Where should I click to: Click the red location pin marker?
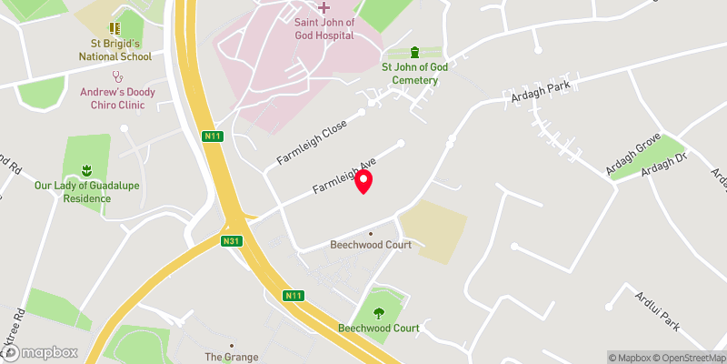(363, 181)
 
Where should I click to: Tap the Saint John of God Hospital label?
(324, 29)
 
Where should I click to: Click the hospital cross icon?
(324, 7)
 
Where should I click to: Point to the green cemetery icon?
(415, 51)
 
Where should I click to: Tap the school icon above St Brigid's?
(115, 29)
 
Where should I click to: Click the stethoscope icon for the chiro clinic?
(115, 77)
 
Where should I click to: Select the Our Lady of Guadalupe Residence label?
(87, 191)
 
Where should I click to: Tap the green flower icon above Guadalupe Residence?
(87, 170)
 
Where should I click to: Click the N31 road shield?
(232, 241)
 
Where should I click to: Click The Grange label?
(232, 358)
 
